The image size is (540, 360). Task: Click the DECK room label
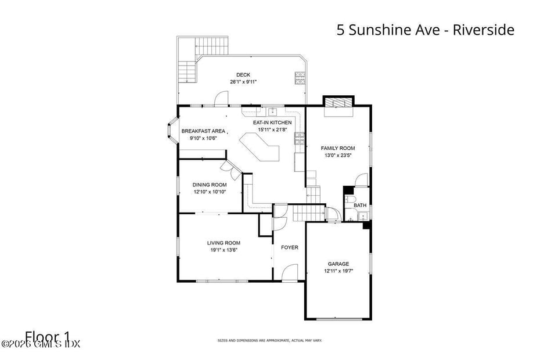click(x=243, y=74)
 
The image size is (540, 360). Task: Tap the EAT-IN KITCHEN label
click(x=272, y=123)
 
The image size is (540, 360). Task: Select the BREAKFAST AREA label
click(x=203, y=131)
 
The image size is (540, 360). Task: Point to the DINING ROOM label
click(x=210, y=185)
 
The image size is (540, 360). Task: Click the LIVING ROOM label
click(x=224, y=243)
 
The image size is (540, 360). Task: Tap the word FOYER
click(x=290, y=247)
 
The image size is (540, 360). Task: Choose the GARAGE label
click(x=339, y=264)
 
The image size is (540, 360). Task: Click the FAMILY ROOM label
click(x=338, y=148)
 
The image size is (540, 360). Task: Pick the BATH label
click(x=360, y=205)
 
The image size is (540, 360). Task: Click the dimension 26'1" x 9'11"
click(x=243, y=82)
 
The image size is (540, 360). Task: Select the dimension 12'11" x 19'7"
click(x=339, y=271)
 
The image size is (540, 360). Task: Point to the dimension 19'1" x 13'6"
click(x=224, y=250)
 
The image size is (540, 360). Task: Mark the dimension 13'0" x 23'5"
click(x=338, y=156)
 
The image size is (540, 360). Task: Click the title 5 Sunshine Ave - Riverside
click(x=425, y=30)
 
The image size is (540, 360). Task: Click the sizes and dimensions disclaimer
click(x=269, y=340)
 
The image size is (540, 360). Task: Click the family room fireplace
click(x=338, y=103)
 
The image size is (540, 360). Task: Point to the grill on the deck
click(x=300, y=78)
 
